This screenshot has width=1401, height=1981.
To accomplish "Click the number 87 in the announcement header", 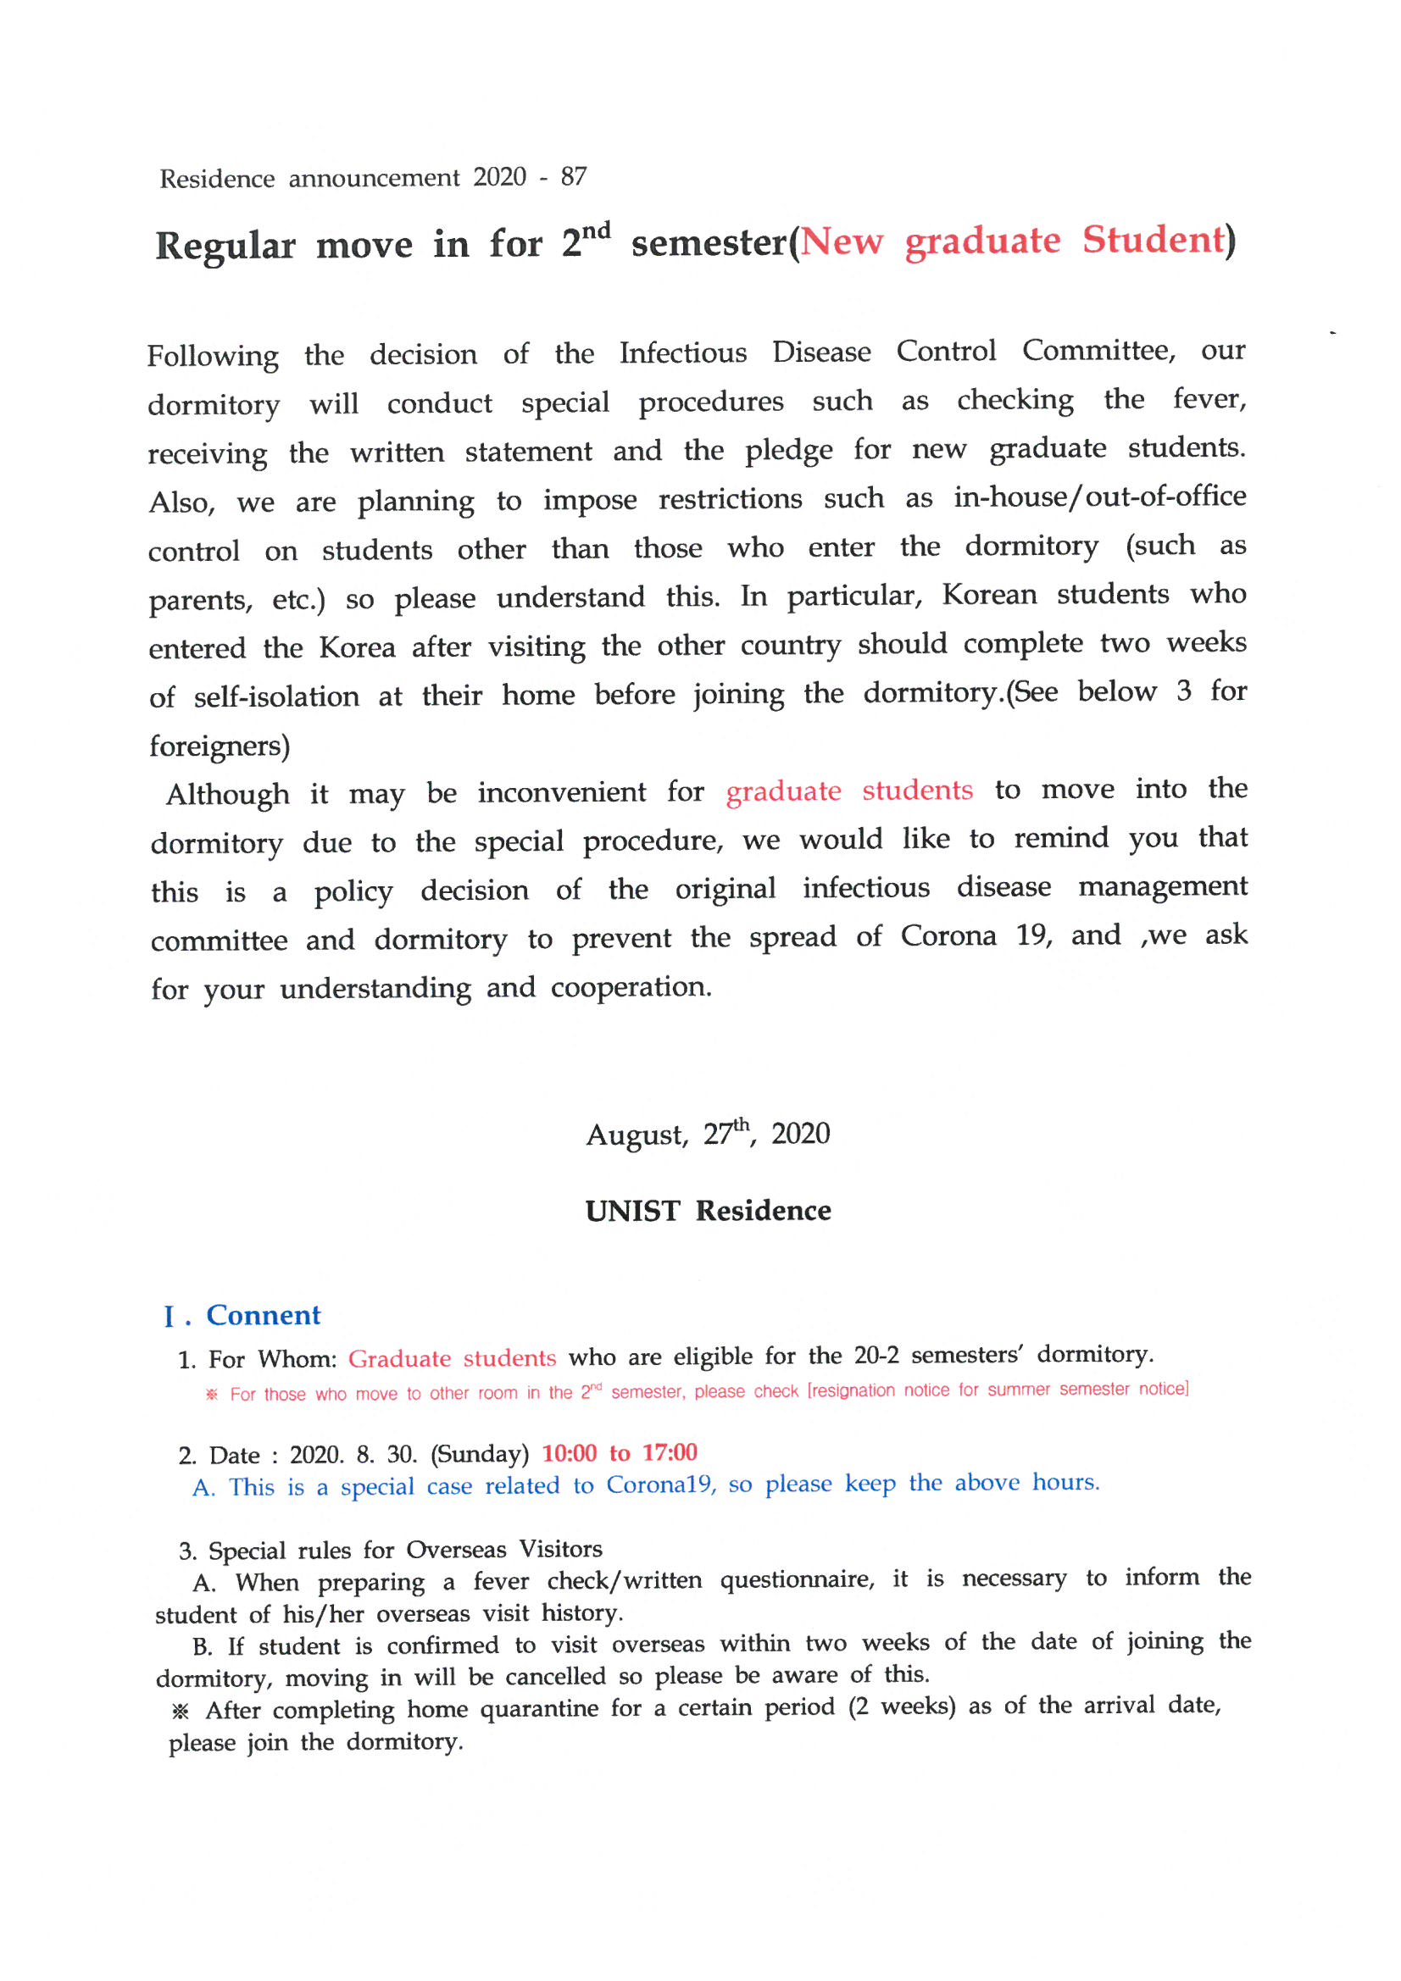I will coord(573,177).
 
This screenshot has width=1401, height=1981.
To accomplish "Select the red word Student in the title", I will coord(1154,240).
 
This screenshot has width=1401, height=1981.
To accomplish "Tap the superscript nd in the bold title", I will coord(596,231).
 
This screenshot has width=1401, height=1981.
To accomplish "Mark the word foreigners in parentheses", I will coord(218,746).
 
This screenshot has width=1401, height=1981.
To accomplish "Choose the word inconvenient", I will coord(561,792).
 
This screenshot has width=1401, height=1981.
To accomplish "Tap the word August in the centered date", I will coord(637,1135).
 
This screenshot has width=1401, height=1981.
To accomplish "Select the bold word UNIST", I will coord(633,1212).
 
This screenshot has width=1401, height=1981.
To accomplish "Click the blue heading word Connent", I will coord(264,1316).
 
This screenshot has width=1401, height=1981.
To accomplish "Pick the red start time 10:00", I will coord(569,1453).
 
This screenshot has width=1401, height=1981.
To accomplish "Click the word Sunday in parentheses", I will coord(479,1454).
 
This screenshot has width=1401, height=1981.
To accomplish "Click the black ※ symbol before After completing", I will coord(181,1712).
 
